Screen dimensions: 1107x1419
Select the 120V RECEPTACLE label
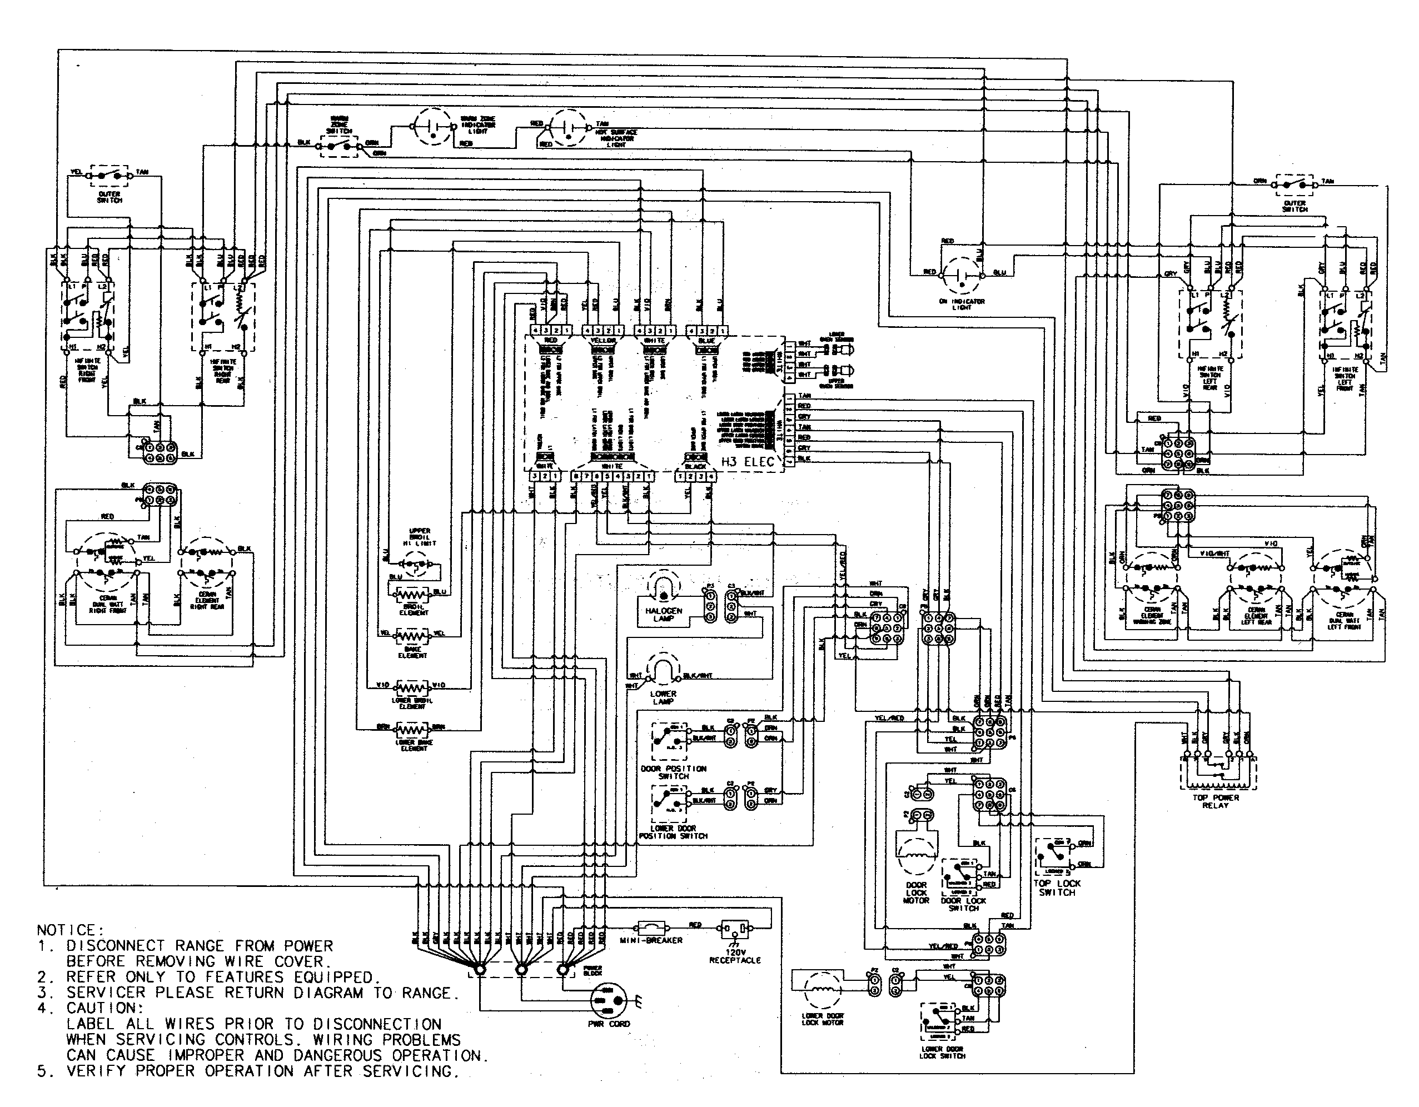(735, 956)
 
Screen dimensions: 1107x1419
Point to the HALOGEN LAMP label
(664, 615)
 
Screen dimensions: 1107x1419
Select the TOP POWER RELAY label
(1216, 801)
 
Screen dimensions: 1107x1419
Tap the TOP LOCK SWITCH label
(1057, 888)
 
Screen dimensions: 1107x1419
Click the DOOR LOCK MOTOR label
(916, 892)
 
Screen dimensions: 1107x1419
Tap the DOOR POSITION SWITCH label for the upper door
(674, 772)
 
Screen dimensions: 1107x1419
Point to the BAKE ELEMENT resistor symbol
(412, 635)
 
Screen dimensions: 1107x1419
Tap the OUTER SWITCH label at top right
(1294, 206)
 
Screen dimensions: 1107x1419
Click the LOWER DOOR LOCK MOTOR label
(822, 1019)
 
